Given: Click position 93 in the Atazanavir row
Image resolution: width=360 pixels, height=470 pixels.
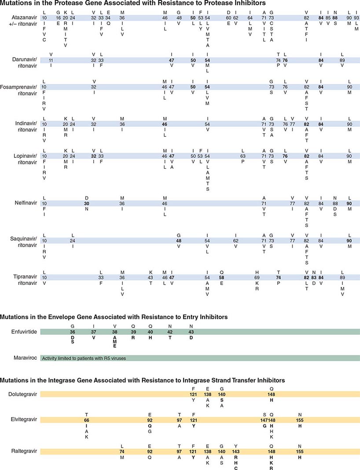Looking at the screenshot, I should (x=356, y=17).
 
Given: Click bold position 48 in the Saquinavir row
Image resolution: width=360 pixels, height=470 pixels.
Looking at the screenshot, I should (x=179, y=240).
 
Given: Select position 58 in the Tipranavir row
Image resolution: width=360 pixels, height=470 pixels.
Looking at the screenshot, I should (x=222, y=277).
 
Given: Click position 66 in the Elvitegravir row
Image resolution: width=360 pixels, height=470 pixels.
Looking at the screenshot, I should (x=87, y=420).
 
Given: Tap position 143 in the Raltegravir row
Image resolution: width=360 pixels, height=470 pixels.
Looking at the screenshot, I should (x=236, y=451).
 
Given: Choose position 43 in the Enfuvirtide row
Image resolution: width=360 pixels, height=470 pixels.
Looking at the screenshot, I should (x=191, y=332).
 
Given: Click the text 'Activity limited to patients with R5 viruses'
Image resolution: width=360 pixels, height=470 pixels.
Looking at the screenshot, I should (x=84, y=358).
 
